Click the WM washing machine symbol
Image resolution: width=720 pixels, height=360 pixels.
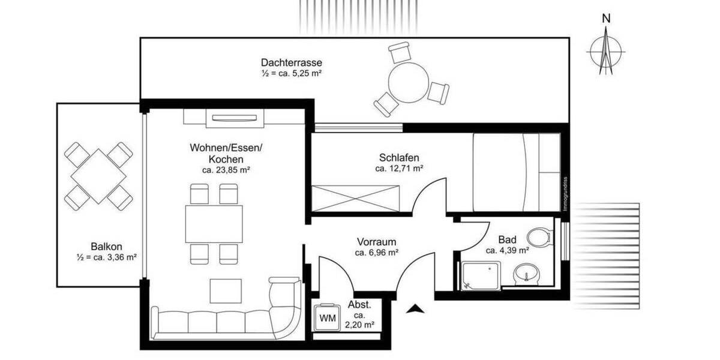(327, 317)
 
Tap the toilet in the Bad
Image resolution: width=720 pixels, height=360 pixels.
(543, 236)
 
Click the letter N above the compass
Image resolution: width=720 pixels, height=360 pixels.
(607, 19)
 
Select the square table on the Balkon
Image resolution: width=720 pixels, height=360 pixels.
(98, 176)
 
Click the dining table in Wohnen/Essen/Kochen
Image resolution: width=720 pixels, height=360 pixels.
(214, 224)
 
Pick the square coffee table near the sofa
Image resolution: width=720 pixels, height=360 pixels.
(226, 291)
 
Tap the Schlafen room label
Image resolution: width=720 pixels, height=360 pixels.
(399, 158)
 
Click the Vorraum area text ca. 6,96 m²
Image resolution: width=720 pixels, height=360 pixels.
(377, 253)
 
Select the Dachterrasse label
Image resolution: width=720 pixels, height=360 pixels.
(292, 62)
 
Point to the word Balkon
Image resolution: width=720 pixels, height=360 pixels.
(107, 246)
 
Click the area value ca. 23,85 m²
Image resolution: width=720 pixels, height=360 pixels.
(226, 170)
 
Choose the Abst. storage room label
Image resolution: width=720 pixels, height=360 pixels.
(359, 304)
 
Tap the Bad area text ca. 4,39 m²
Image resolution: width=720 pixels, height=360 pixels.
(507, 250)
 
